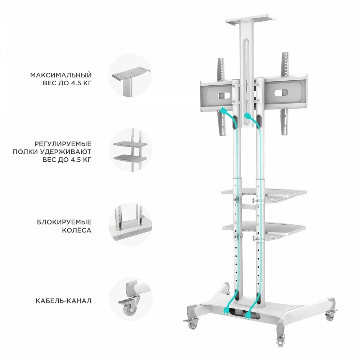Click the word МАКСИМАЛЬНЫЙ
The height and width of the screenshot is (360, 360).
(61, 75)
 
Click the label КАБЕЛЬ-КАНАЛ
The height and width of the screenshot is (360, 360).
(63, 301)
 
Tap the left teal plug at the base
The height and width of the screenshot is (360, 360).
(226, 310)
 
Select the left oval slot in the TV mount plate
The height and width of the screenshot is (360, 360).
(223, 96)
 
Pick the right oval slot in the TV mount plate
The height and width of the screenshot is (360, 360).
(282, 93)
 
